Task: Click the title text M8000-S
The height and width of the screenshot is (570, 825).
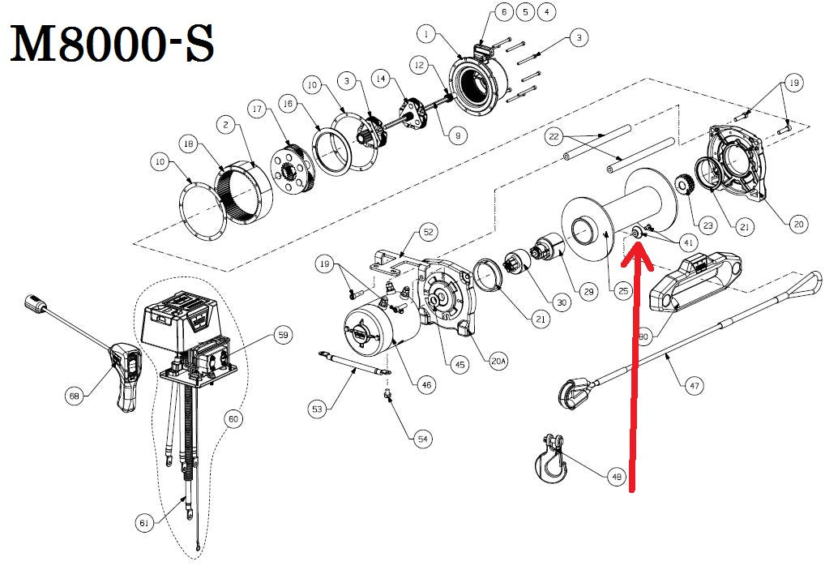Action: [112, 47]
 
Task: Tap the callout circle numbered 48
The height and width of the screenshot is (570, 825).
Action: [618, 477]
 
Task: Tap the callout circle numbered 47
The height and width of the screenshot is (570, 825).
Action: [695, 386]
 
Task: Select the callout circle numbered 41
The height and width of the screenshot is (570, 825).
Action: [689, 242]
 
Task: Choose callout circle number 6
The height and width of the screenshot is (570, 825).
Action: [502, 12]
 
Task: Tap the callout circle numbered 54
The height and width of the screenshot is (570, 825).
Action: [421, 439]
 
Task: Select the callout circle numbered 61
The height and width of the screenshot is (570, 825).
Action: [144, 524]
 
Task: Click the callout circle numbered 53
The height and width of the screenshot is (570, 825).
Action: [317, 409]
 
